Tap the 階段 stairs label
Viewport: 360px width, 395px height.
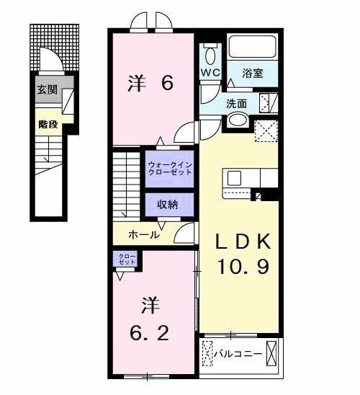click(48, 124)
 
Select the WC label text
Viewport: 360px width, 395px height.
click(210, 73)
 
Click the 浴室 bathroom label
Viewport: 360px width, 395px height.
click(253, 73)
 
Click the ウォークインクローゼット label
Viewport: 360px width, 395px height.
click(170, 169)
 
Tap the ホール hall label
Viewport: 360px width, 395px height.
click(144, 235)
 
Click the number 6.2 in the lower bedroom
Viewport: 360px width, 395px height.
click(150, 333)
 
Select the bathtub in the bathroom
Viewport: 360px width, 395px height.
click(253, 48)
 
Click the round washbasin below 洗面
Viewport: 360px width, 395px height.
click(238, 120)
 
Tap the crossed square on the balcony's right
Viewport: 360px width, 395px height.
click(272, 355)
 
